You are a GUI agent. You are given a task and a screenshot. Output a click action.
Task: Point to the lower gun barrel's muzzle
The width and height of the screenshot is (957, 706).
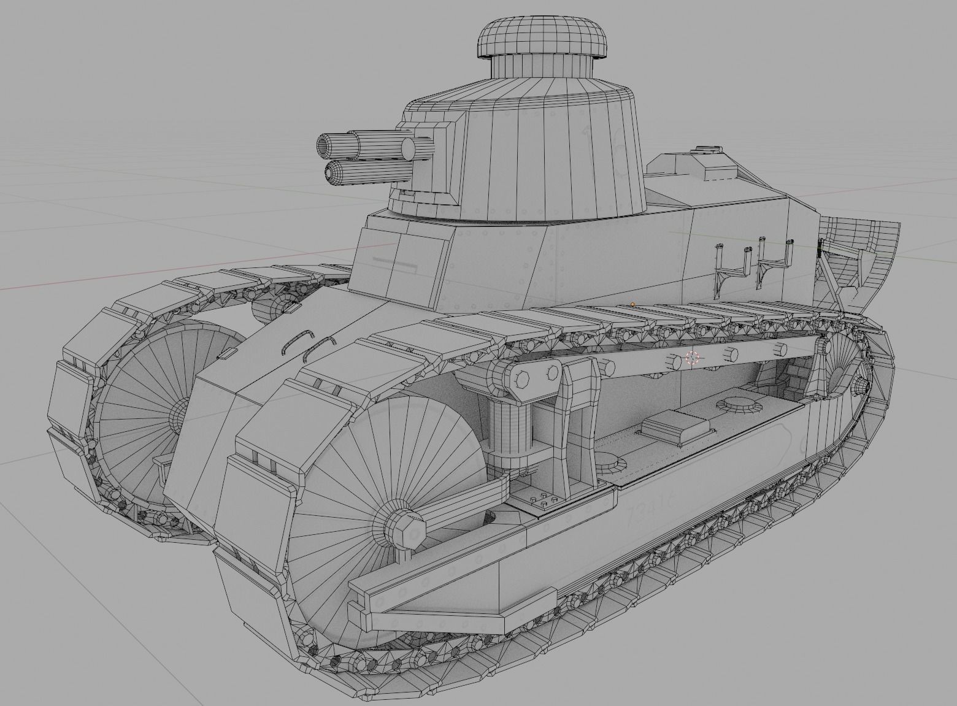[x=334, y=172]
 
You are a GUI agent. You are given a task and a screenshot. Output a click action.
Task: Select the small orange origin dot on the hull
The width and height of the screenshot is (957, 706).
[x=632, y=304]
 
